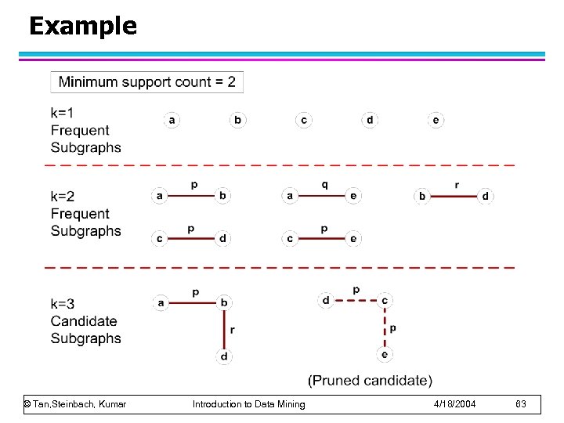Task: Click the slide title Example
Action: click(x=82, y=27)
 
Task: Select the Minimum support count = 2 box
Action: click(x=146, y=81)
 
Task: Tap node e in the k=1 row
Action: click(x=436, y=120)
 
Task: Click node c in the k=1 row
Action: click(x=303, y=120)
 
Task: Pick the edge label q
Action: click(x=324, y=184)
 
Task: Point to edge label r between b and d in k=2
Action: click(x=457, y=185)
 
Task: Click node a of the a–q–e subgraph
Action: click(x=290, y=196)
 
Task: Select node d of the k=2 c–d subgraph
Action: click(x=223, y=239)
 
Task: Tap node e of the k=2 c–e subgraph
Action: click(x=354, y=239)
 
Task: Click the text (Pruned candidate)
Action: click(x=370, y=381)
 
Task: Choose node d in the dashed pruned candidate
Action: click(x=326, y=300)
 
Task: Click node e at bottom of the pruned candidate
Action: click(x=385, y=354)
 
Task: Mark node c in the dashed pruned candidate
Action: click(x=385, y=300)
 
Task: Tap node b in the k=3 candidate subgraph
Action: click(x=225, y=302)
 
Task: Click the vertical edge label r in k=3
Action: click(x=233, y=330)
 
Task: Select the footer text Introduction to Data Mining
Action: click(x=249, y=404)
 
